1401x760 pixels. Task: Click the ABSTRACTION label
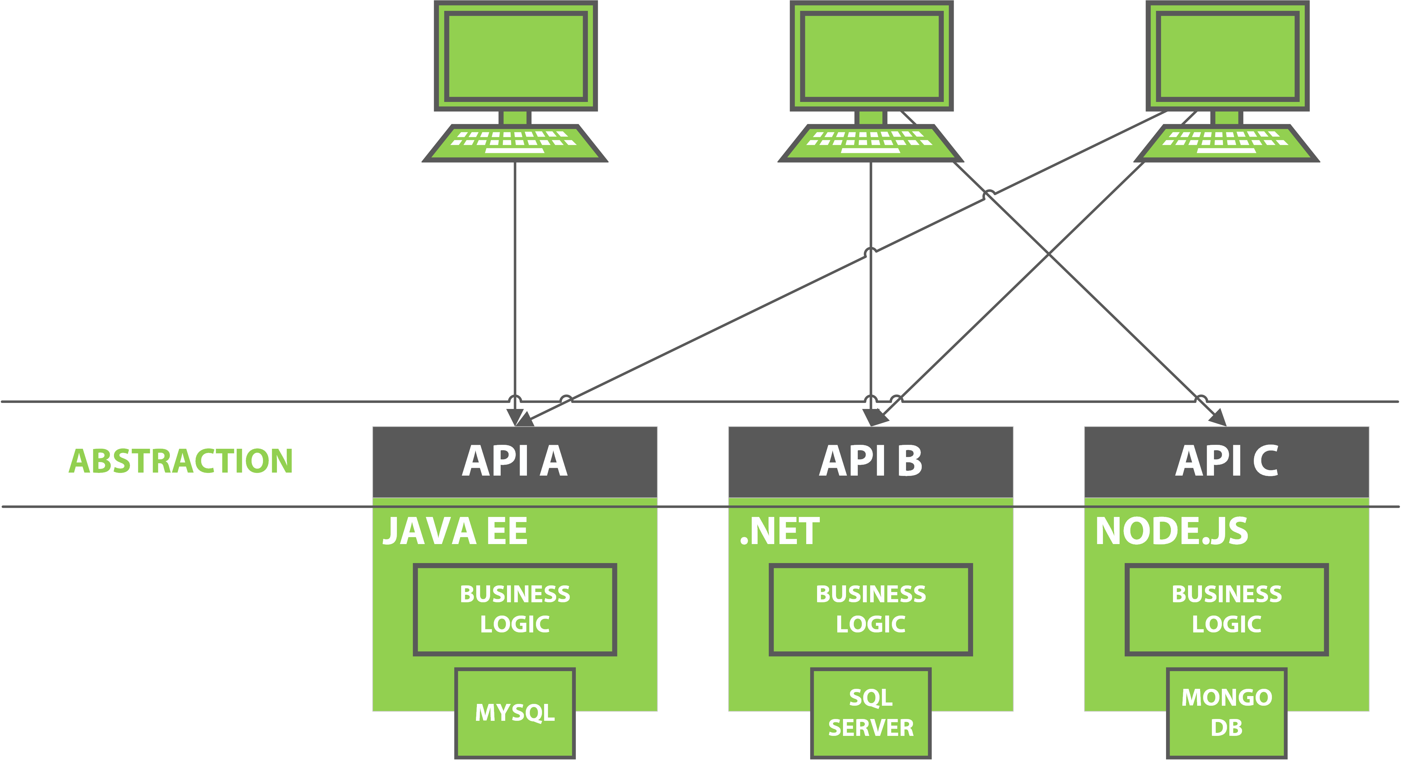[x=181, y=461]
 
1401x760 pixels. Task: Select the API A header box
[x=515, y=461]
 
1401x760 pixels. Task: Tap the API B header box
[x=870, y=461]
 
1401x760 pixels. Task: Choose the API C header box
[x=1226, y=461]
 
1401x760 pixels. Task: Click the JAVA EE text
[x=455, y=531]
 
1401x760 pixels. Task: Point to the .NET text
[x=779, y=531]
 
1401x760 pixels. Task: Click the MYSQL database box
[x=515, y=713]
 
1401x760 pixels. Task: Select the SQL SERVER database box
[x=870, y=713]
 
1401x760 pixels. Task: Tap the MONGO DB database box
[x=1226, y=713]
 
